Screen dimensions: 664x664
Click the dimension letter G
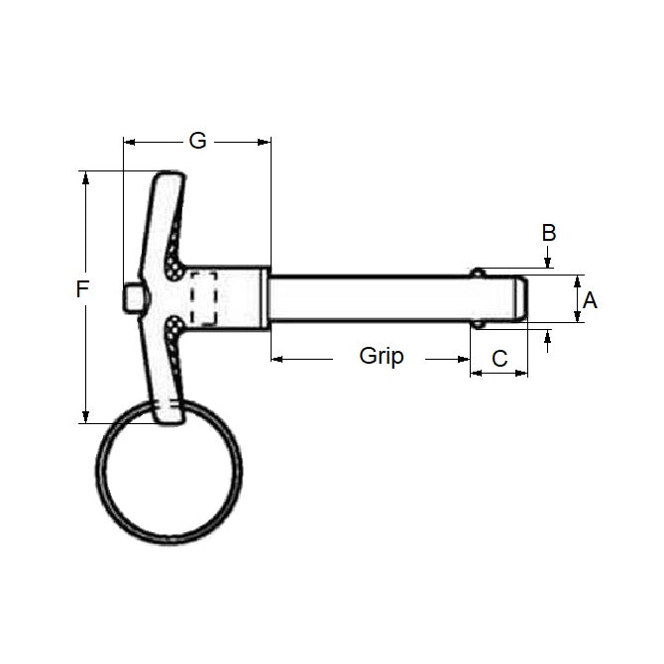pos(197,141)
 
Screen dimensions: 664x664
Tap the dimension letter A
pos(590,299)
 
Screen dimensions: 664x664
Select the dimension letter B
pos(548,233)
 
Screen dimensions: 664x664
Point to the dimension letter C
pos(499,358)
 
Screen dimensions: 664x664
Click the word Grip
pos(382,356)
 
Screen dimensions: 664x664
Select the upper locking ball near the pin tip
pos(479,273)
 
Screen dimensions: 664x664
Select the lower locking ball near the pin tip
pos(479,323)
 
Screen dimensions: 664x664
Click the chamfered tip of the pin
pos(521,297)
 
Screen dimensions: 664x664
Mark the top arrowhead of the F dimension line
pos(86,177)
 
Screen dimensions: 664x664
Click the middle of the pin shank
pos(367,297)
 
